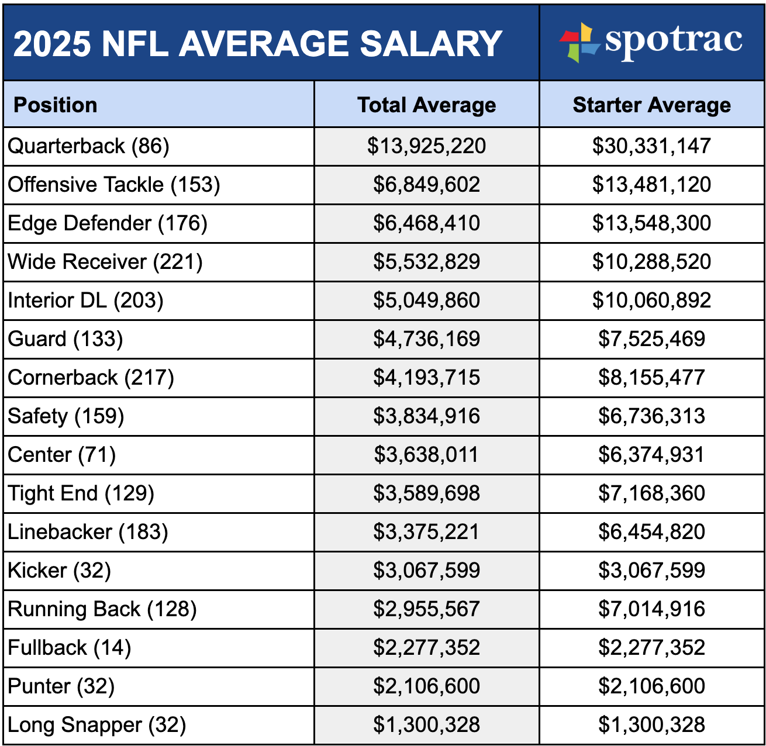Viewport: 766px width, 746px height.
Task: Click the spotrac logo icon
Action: click(x=579, y=42)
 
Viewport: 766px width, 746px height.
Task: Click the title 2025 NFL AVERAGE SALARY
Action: click(x=257, y=43)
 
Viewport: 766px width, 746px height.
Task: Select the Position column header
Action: click(x=56, y=105)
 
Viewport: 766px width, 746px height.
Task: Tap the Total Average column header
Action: click(x=426, y=105)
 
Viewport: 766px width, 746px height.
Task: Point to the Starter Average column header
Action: click(x=651, y=105)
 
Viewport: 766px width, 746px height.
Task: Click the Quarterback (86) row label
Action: click(x=88, y=146)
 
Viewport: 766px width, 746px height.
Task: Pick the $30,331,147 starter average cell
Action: click(x=651, y=146)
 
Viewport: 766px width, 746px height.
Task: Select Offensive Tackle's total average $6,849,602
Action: click(x=426, y=185)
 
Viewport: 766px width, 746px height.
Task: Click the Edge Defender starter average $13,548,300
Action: click(x=651, y=223)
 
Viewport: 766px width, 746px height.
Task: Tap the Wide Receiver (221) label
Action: click(x=105, y=262)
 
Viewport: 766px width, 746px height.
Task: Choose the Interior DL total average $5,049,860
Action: click(x=426, y=301)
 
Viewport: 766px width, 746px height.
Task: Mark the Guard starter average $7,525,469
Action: click(x=651, y=339)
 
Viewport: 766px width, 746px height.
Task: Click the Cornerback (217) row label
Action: click(x=91, y=378)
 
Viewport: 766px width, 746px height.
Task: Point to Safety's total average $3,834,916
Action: click(x=426, y=416)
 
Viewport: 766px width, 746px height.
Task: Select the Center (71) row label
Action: click(x=62, y=455)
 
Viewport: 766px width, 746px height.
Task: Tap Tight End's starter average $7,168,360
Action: click(x=651, y=493)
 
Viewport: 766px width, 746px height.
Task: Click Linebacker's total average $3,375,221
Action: click(x=426, y=532)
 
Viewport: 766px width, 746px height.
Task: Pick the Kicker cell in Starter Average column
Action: click(x=651, y=571)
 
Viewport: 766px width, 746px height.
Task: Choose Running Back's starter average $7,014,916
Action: click(x=651, y=609)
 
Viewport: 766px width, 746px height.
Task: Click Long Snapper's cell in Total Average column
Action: click(x=426, y=725)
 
